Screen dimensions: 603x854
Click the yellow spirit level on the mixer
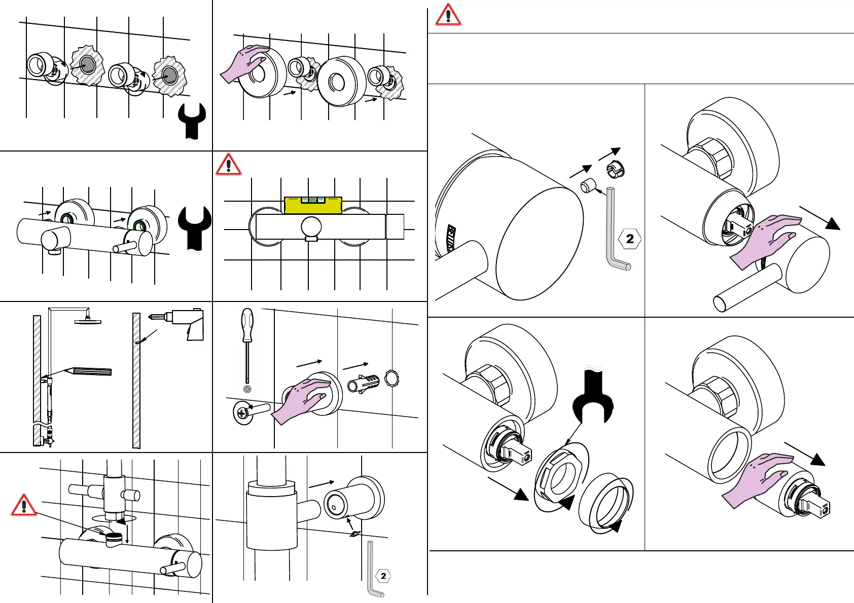(x=313, y=205)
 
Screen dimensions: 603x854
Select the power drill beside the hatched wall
(x=185, y=322)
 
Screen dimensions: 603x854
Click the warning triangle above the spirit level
(x=228, y=164)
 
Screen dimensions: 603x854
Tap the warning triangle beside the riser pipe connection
(x=24, y=506)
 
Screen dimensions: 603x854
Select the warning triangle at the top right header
(x=448, y=15)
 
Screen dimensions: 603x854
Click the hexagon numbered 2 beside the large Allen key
(x=630, y=238)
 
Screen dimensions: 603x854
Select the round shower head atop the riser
(x=88, y=320)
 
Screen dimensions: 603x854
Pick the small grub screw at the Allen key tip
(x=587, y=186)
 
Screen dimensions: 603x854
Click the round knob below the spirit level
(x=311, y=227)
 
